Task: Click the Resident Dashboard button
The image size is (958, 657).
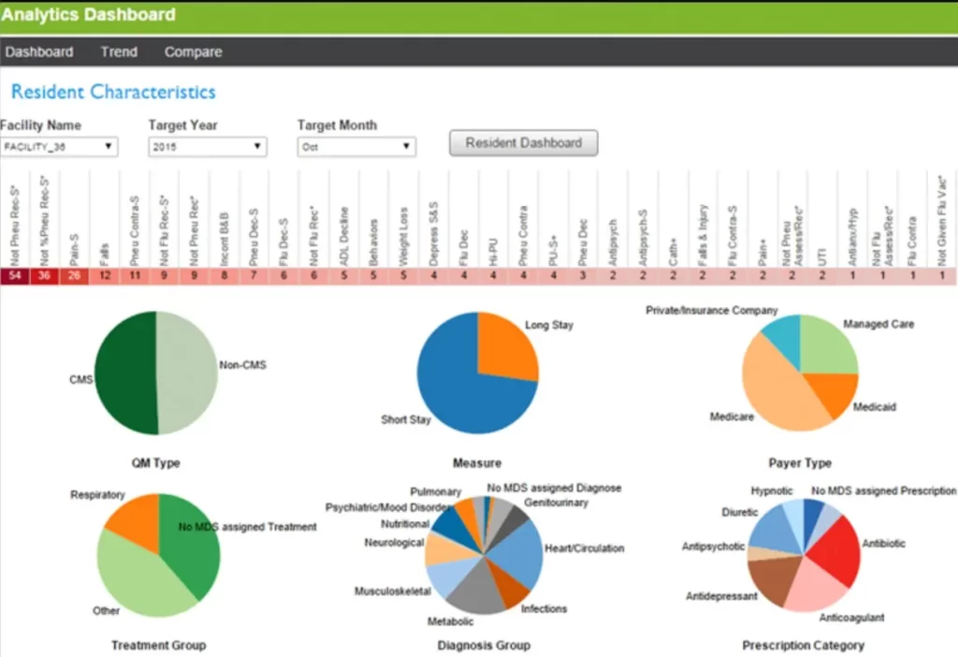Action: pos(523,143)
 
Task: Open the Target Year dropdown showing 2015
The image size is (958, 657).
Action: pos(207,147)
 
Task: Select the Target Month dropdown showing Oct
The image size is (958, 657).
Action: pos(356,147)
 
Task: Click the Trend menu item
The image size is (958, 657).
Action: pos(119,52)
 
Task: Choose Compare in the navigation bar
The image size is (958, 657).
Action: pos(193,52)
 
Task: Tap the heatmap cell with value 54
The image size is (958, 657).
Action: pos(15,276)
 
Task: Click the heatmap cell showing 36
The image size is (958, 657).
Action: pos(45,276)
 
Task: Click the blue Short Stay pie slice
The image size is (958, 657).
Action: pos(458,393)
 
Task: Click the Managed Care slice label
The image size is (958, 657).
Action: pos(878,324)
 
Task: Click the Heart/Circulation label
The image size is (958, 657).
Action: pos(586,548)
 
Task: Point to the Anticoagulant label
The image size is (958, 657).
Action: pos(851,618)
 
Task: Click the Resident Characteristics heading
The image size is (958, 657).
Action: pos(113,92)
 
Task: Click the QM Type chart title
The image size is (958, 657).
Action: pos(156,462)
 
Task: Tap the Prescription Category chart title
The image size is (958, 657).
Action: pos(803,645)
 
